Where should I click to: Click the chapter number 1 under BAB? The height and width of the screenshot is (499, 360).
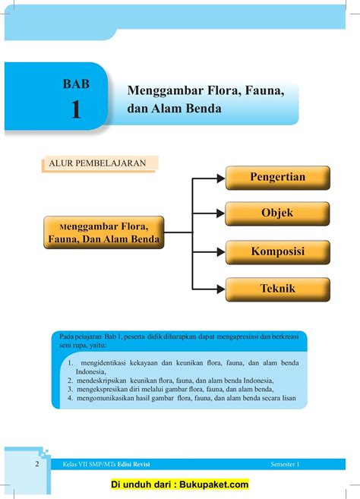tap(75, 109)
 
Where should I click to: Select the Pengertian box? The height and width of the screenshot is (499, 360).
tap(277, 178)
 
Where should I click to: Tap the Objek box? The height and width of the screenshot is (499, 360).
tap(277, 213)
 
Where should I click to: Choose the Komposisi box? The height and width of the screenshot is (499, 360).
tap(277, 251)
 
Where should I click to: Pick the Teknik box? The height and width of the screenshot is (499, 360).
tap(277, 289)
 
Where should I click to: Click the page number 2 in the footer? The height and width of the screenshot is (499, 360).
tap(37, 463)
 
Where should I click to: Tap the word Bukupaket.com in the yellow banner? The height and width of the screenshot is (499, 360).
tap(214, 484)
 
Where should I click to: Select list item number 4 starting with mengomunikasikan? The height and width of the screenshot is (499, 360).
tap(182, 396)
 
